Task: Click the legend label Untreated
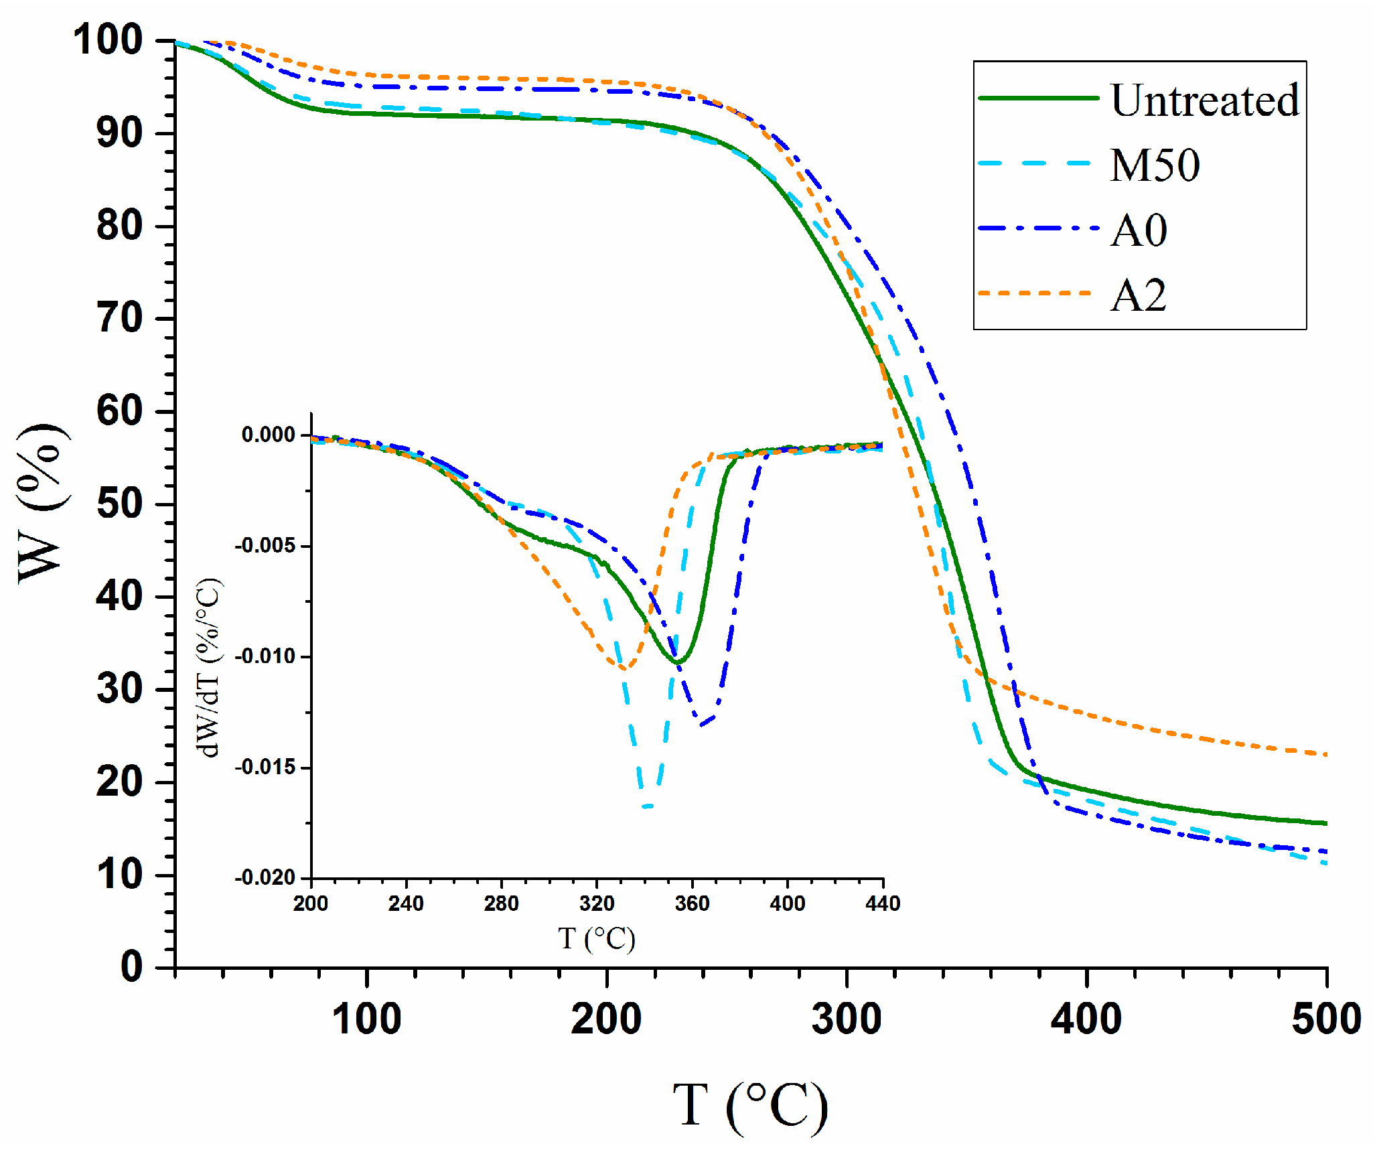tap(1204, 100)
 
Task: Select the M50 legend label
tap(1155, 165)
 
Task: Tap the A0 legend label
tap(1139, 230)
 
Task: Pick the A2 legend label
tap(1138, 295)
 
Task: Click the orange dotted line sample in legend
tap(1035, 293)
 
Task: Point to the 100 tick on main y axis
tap(107, 40)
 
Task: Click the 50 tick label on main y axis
tap(119, 504)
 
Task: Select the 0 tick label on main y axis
tap(131, 967)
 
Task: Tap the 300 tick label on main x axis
tap(847, 1019)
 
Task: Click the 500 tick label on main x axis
tap(1325, 1019)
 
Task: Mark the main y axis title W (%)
tap(42, 504)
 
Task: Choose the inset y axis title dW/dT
tap(209, 668)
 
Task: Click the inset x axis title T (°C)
tap(596, 939)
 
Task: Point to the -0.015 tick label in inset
tap(265, 768)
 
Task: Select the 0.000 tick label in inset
tap(268, 435)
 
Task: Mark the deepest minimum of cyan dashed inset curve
tap(647, 806)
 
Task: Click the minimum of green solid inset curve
tap(678, 663)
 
